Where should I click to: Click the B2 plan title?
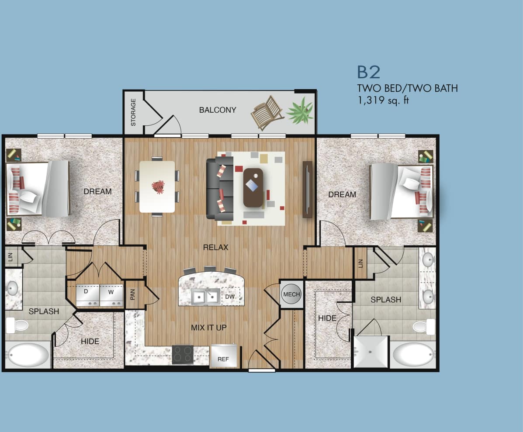pos(369,72)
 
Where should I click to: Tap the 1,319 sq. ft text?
pos(383,100)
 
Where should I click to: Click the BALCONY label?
pos(218,110)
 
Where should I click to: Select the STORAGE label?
pos(133,112)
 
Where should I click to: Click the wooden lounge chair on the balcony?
pos(267,112)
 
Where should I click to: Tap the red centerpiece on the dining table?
pos(158,187)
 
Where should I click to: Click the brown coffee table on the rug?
pos(253,187)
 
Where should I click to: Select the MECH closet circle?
pos(291,294)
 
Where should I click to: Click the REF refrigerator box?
pos(224,356)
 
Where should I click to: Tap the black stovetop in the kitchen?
pos(183,354)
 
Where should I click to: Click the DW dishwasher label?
pos(230,297)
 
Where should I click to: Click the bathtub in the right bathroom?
pos(412,354)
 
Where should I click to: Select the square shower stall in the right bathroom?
pos(371,352)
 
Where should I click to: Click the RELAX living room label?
pos(216,247)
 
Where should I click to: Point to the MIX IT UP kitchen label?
pos(209,327)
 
